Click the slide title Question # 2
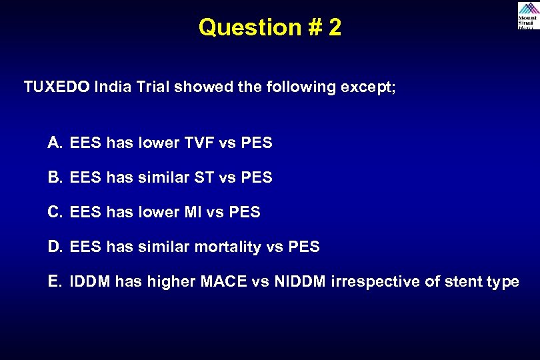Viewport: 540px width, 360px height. click(x=270, y=27)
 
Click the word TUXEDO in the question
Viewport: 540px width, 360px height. click(x=57, y=87)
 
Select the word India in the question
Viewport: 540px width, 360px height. click(x=113, y=87)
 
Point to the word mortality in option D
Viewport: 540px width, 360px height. click(x=227, y=247)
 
